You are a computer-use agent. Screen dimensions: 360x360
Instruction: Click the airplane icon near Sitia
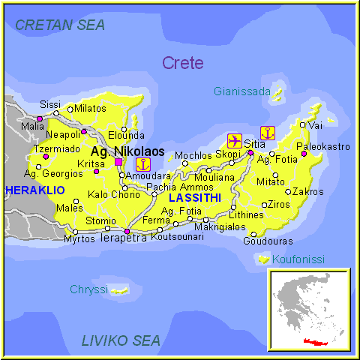(234, 140)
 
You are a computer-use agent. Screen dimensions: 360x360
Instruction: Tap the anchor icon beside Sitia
(268, 133)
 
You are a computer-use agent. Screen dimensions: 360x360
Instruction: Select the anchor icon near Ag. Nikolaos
(142, 164)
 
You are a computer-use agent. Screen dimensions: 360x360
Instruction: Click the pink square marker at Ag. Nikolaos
(118, 161)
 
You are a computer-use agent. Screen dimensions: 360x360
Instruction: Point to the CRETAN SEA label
(60, 25)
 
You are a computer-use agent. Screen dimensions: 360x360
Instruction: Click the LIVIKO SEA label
(121, 341)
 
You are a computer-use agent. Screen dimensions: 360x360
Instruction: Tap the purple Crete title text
(182, 63)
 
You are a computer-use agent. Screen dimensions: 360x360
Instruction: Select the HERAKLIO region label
(34, 190)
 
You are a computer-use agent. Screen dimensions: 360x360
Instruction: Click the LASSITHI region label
(194, 198)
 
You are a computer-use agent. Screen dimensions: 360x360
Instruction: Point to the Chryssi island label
(88, 289)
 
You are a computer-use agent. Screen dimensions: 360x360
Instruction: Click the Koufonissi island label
(298, 259)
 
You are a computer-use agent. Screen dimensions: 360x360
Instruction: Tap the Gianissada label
(241, 91)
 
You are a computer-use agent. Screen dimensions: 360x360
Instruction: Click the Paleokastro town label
(323, 146)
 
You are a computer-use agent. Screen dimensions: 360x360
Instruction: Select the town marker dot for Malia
(40, 118)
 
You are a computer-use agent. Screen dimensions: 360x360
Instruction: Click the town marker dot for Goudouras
(253, 234)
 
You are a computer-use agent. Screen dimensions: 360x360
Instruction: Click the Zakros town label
(307, 191)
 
